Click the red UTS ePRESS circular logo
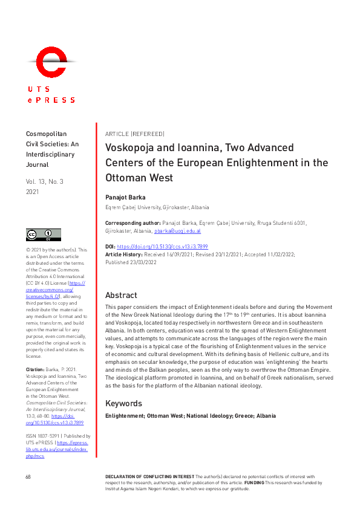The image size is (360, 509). (x=50, y=62)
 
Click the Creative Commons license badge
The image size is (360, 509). (x=43, y=235)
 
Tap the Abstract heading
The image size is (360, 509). (x=121, y=296)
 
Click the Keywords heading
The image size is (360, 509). (x=123, y=403)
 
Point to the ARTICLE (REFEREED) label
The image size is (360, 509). (x=134, y=134)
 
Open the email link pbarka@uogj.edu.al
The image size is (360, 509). (x=177, y=231)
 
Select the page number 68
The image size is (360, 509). (x=28, y=477)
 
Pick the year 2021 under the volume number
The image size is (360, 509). (x=33, y=192)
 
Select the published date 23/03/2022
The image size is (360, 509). (x=143, y=262)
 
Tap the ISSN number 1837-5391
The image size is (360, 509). (x=47, y=435)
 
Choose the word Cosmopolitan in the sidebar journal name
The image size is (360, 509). (x=47, y=134)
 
